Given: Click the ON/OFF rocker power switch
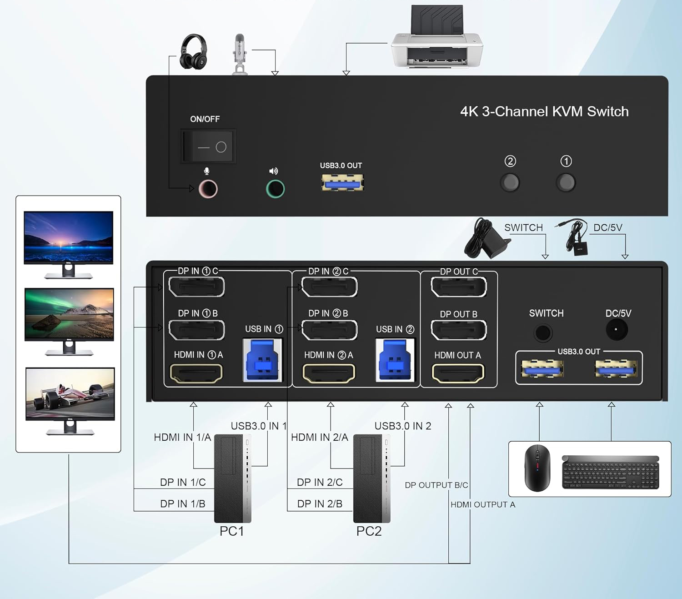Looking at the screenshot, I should (209, 146).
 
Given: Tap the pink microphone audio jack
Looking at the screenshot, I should (208, 189).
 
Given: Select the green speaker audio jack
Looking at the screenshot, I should (275, 189).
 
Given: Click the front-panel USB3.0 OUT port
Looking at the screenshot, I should (342, 183).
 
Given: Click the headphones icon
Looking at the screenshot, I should (193, 52).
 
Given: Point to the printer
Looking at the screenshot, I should (436, 39).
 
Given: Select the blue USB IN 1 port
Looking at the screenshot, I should (263, 360).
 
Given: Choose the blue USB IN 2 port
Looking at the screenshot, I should (395, 360).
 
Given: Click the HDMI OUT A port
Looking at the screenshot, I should (458, 373).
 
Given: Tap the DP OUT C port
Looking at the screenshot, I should (458, 287).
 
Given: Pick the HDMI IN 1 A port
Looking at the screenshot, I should (196, 373).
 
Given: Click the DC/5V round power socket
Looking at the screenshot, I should (617, 330).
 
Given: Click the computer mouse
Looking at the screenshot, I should (537, 468).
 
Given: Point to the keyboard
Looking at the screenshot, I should (611, 472).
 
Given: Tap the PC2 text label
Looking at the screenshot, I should (369, 531).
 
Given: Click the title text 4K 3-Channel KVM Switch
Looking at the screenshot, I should (544, 111).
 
